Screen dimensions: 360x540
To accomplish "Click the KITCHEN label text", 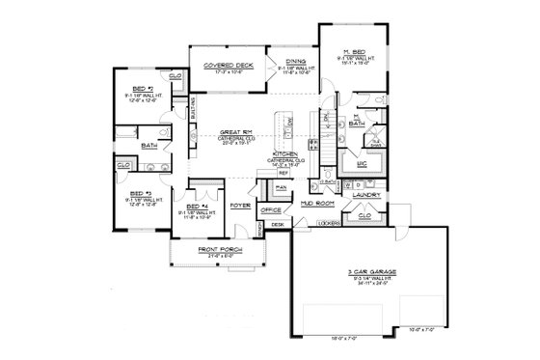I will (286, 153).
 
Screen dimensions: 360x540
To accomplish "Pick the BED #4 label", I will (197, 207).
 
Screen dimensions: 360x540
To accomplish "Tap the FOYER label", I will (240, 205).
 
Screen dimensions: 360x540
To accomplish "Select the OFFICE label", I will (271, 209).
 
